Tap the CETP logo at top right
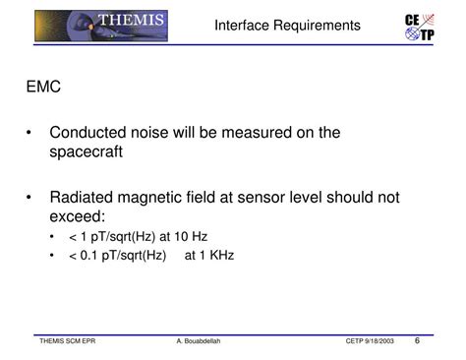click(x=421, y=27)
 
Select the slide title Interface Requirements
click(x=287, y=26)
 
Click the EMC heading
click(x=44, y=88)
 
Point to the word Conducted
click(x=90, y=133)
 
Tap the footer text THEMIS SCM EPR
click(x=67, y=341)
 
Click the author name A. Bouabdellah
click(x=201, y=341)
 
